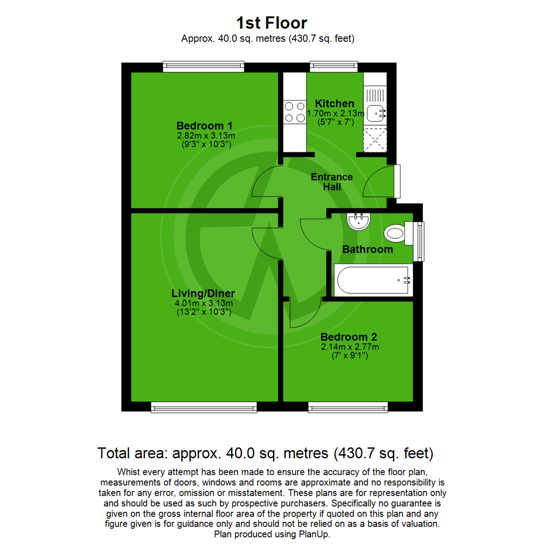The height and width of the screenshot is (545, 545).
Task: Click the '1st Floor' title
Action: (x=271, y=23)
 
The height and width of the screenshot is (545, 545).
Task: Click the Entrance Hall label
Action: (x=332, y=182)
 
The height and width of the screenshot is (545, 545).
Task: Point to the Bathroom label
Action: (x=367, y=249)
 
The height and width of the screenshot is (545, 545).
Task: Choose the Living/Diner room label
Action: (x=203, y=294)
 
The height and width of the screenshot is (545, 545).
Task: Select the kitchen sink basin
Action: (x=374, y=114)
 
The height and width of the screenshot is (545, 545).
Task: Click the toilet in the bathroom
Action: (x=396, y=234)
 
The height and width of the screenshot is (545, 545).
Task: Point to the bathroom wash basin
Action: (x=359, y=222)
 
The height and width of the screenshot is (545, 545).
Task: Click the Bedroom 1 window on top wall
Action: (x=204, y=67)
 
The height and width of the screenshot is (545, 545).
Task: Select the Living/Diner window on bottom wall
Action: (x=204, y=407)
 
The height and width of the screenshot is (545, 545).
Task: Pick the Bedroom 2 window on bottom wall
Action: (x=348, y=407)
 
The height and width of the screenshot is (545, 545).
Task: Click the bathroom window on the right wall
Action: (x=418, y=241)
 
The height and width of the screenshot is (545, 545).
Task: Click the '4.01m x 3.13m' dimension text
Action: (x=203, y=303)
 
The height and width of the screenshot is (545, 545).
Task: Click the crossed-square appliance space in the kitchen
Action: (x=374, y=141)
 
